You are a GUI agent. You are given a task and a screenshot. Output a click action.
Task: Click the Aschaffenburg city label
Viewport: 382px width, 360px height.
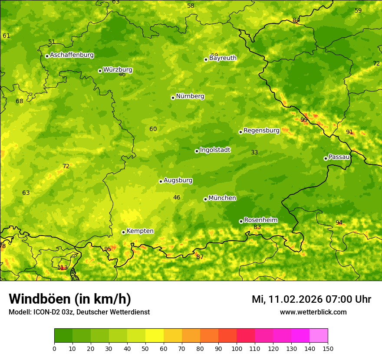(x=72, y=55)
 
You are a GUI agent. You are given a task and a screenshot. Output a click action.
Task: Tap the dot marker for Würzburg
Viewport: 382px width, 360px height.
(x=100, y=71)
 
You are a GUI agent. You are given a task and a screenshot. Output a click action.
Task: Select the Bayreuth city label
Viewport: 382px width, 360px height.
(x=223, y=58)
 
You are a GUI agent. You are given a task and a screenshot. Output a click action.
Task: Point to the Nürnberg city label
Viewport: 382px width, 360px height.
(x=190, y=96)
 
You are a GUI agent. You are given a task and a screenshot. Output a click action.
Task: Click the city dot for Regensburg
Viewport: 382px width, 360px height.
(x=240, y=132)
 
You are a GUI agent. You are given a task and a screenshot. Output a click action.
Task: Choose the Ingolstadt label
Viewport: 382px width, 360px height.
(x=215, y=150)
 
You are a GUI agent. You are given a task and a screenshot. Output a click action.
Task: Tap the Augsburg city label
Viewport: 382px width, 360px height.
(x=178, y=180)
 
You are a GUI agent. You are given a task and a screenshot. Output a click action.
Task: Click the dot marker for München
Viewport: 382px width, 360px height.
(x=205, y=199)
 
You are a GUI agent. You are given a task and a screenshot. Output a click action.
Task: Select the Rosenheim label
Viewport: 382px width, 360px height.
(x=260, y=220)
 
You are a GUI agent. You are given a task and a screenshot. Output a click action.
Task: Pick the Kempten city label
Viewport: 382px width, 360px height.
(x=140, y=231)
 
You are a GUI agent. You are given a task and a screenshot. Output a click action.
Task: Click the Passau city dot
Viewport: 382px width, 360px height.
(x=326, y=158)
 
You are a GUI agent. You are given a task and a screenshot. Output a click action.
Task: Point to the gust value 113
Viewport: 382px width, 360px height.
(x=63, y=268)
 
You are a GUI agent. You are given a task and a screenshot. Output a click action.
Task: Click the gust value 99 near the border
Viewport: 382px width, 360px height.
(x=304, y=120)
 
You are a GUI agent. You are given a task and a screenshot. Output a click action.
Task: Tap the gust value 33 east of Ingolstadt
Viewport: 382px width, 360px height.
(x=254, y=152)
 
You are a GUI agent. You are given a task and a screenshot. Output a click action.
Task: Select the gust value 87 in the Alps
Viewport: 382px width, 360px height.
(x=200, y=257)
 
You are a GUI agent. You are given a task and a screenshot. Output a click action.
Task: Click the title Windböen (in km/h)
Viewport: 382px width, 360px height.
(x=70, y=299)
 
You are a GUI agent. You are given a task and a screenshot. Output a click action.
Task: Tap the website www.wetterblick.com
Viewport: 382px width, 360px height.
(x=313, y=312)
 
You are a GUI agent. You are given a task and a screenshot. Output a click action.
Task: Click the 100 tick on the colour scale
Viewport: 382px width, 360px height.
(x=237, y=348)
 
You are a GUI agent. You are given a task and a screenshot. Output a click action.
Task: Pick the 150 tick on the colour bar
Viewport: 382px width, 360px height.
(x=328, y=348)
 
